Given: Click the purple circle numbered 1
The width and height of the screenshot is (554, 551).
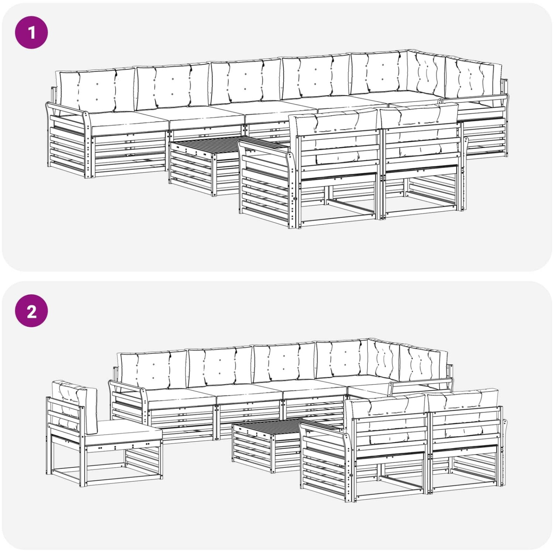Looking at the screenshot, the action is click(31, 32).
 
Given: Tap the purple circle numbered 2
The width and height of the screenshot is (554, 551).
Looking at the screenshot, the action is click(31, 311).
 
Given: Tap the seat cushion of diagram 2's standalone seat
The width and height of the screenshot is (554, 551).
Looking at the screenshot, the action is click(124, 432).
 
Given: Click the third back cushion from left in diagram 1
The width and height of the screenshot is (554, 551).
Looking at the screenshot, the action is click(245, 81).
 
